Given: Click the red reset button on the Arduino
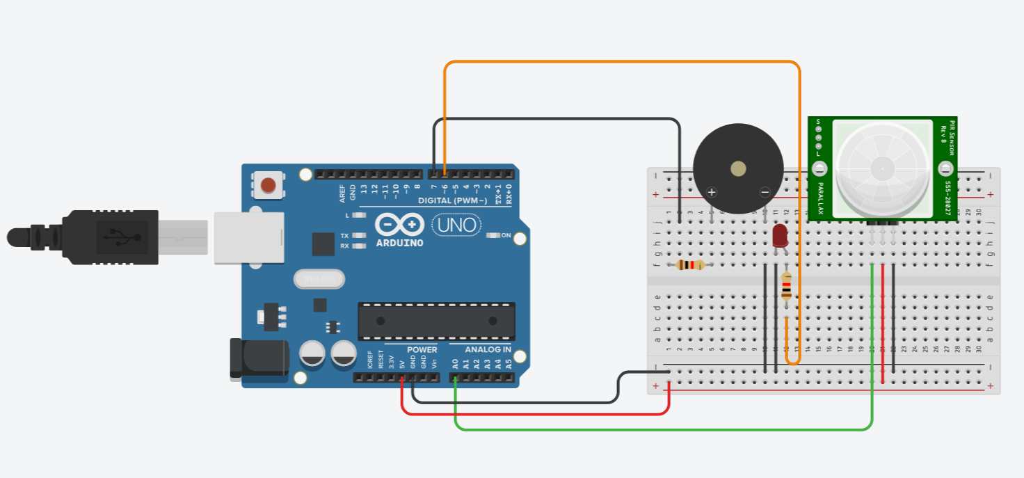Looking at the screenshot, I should (x=269, y=185).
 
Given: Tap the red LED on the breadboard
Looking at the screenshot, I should (x=779, y=235).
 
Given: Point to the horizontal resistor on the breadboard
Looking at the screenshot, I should (x=690, y=264).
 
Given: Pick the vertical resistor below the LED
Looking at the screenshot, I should (x=786, y=286).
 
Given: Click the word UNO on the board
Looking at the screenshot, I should (x=456, y=225).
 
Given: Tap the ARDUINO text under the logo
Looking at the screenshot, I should (x=399, y=243).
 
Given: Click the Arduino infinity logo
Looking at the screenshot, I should (x=399, y=225).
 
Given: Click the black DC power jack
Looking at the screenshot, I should (x=259, y=359).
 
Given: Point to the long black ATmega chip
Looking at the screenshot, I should (x=436, y=321).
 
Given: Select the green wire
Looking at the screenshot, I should (x=661, y=429).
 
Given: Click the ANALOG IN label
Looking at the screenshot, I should (x=488, y=349).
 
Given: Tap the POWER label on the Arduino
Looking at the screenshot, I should (x=422, y=349).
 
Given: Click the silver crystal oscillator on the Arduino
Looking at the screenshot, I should (x=319, y=279).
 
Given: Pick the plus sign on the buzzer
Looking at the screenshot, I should (x=711, y=192).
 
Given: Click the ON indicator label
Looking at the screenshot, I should (x=506, y=236).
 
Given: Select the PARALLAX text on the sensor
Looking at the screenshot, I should (x=820, y=200).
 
